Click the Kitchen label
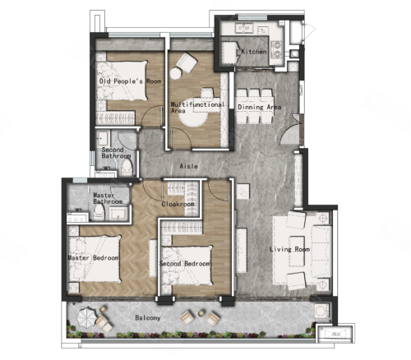pyautogui.click(x=254, y=52)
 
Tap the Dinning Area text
pyautogui.click(x=259, y=107)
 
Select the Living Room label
pyautogui.click(x=289, y=249)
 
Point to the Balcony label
pyautogui.click(x=148, y=318)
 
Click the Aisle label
pyautogui.click(x=188, y=166)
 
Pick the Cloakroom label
pyautogui.click(x=178, y=204)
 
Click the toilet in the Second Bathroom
pyautogui.click(x=127, y=168)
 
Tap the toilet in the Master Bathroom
pyautogui.click(x=99, y=212)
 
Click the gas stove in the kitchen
pyautogui.click(x=276, y=50)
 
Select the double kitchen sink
pyautogui.click(x=245, y=28)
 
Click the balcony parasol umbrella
pyautogui.click(x=85, y=317)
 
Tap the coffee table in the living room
pyautogui.click(x=297, y=252)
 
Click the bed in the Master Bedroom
pyautogui.click(x=95, y=259)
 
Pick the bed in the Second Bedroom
pyautogui.click(x=187, y=266)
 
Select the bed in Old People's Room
pyautogui.click(x=122, y=81)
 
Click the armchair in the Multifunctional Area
pyautogui.click(x=187, y=62)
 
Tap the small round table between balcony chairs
pyautogui.click(x=201, y=313)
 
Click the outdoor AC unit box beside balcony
pyautogui.click(x=335, y=333)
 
